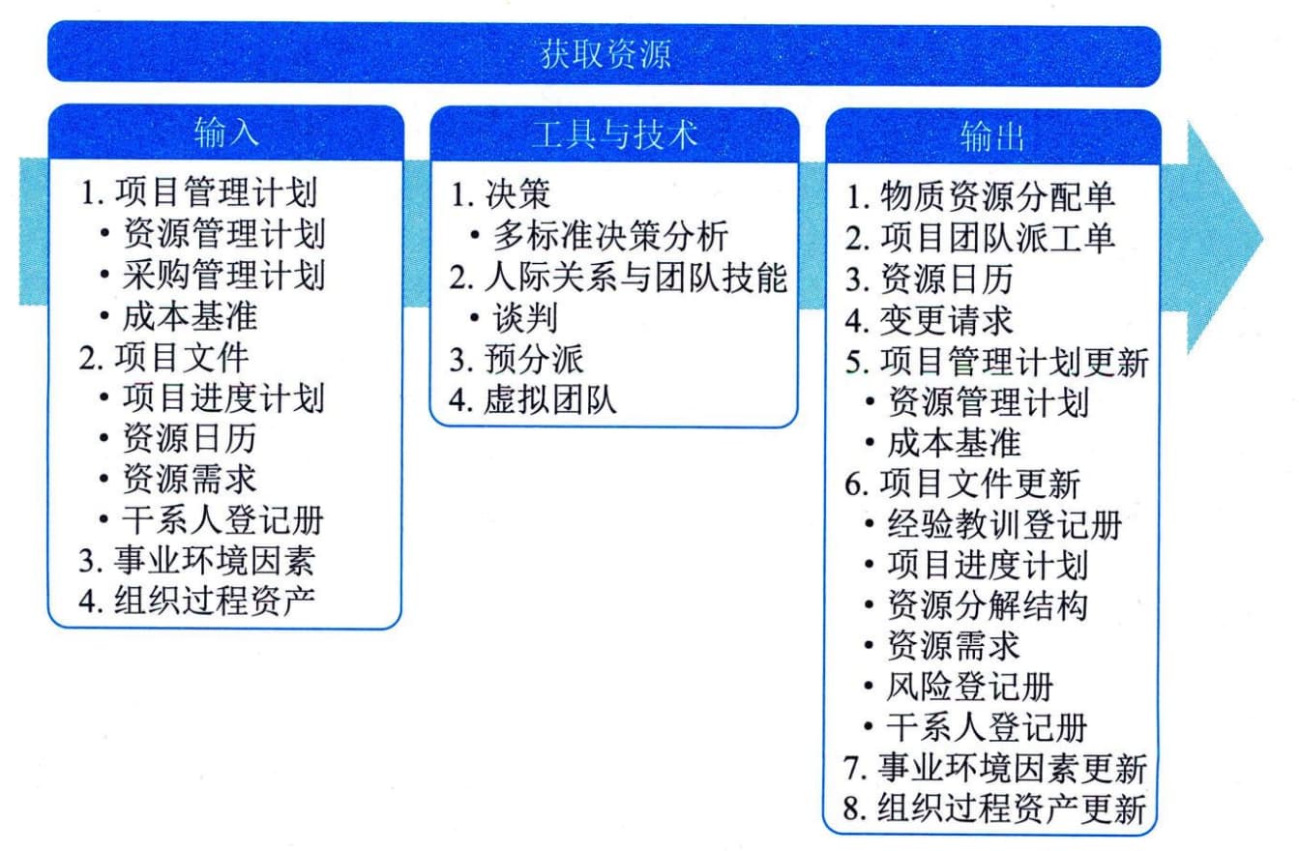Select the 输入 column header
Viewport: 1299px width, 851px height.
(226, 132)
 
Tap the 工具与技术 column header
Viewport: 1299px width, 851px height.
(614, 134)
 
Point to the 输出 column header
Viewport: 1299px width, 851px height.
(992, 137)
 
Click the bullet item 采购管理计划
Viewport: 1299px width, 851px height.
(223, 275)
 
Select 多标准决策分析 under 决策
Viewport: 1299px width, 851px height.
(610, 236)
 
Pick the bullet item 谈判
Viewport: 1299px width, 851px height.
(525, 318)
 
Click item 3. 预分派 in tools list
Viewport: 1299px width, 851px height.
(517, 360)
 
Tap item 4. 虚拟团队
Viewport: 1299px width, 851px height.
(532, 400)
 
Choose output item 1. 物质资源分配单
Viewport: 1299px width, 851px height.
(980, 196)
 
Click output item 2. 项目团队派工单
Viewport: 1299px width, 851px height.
(980, 238)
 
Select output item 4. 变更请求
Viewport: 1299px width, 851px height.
(929, 320)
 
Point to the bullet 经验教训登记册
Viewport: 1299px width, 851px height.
(1004, 525)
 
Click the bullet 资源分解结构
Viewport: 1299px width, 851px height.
(988, 605)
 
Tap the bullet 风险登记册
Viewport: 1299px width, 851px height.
(969, 687)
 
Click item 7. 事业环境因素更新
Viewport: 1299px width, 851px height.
(995, 768)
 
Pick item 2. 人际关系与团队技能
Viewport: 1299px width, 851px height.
(618, 278)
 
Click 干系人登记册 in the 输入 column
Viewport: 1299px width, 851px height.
(222, 520)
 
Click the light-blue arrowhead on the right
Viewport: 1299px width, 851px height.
(1224, 238)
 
